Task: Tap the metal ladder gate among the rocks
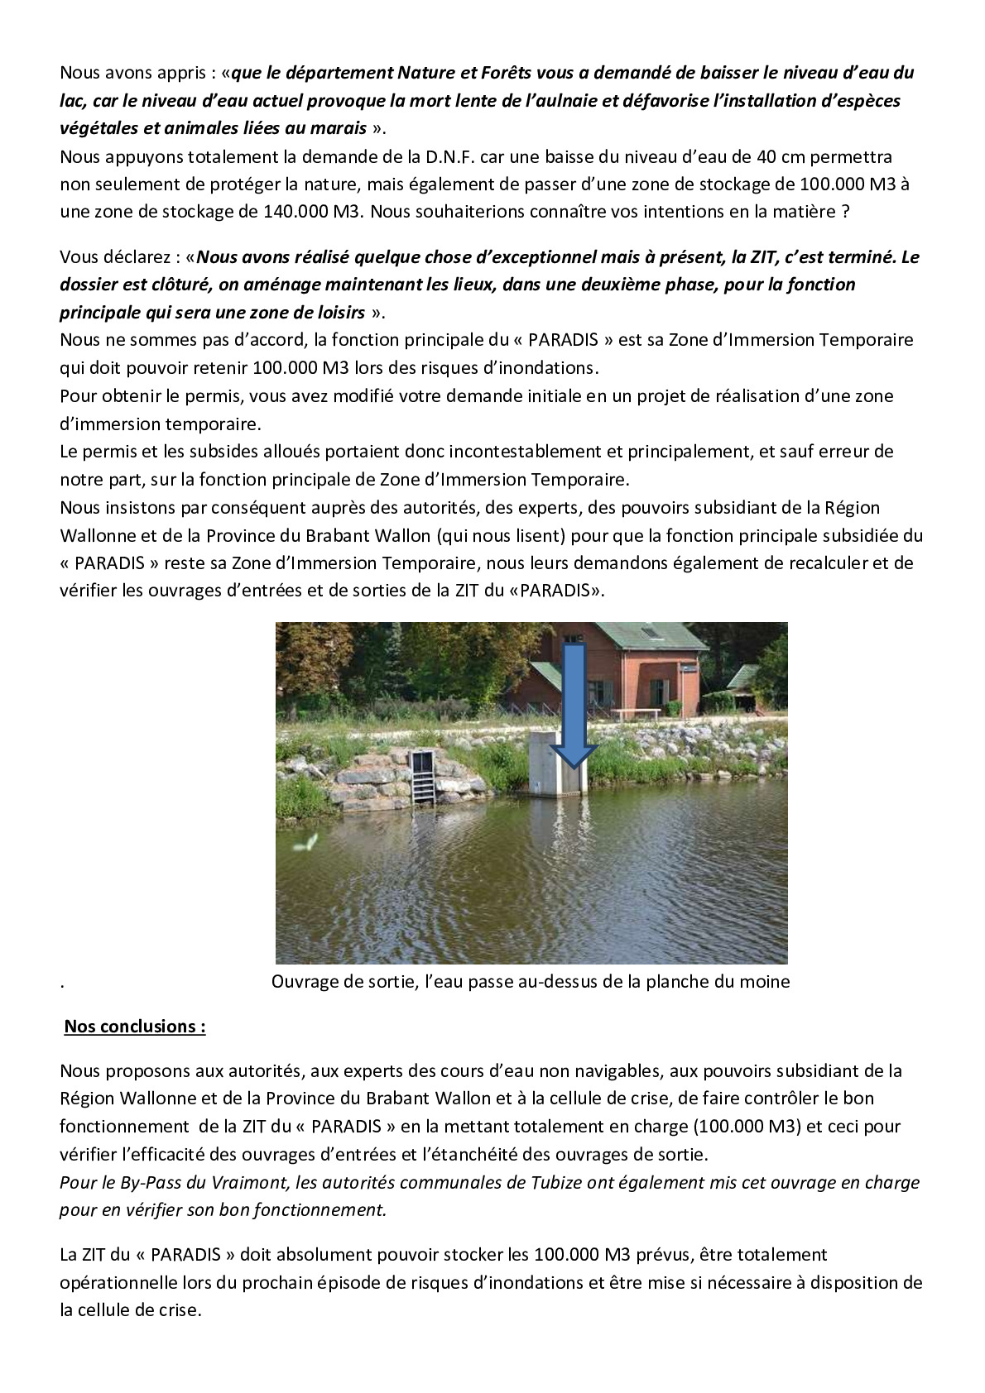point(424,776)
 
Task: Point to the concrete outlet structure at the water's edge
point(546,763)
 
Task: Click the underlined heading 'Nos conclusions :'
point(135,1027)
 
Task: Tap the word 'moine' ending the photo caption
point(766,982)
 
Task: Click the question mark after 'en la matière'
point(845,212)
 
